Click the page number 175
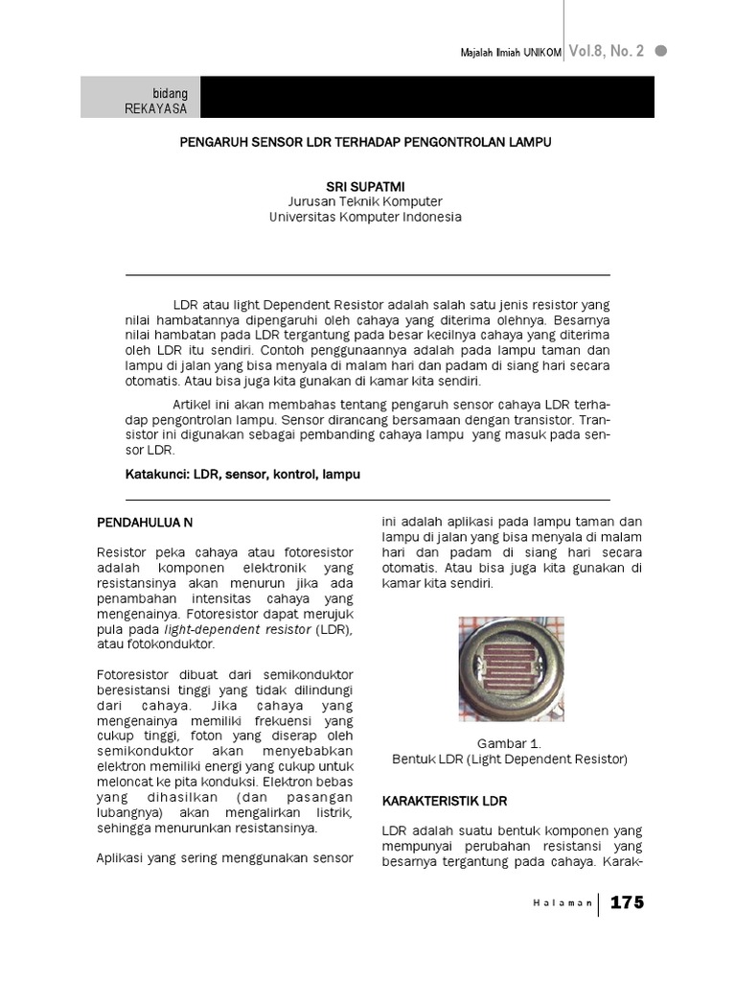pyautogui.click(x=627, y=902)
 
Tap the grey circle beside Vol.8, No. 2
pyautogui.click(x=660, y=51)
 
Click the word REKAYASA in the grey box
pyautogui.click(x=156, y=108)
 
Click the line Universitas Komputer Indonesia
pyautogui.click(x=365, y=217)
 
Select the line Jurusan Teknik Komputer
pyautogui.click(x=365, y=200)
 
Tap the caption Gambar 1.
pyautogui.click(x=509, y=743)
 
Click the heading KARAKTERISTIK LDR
pyautogui.click(x=444, y=800)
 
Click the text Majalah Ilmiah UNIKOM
pyautogui.click(x=511, y=53)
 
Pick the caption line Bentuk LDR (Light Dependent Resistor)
pyautogui.click(x=509, y=759)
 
